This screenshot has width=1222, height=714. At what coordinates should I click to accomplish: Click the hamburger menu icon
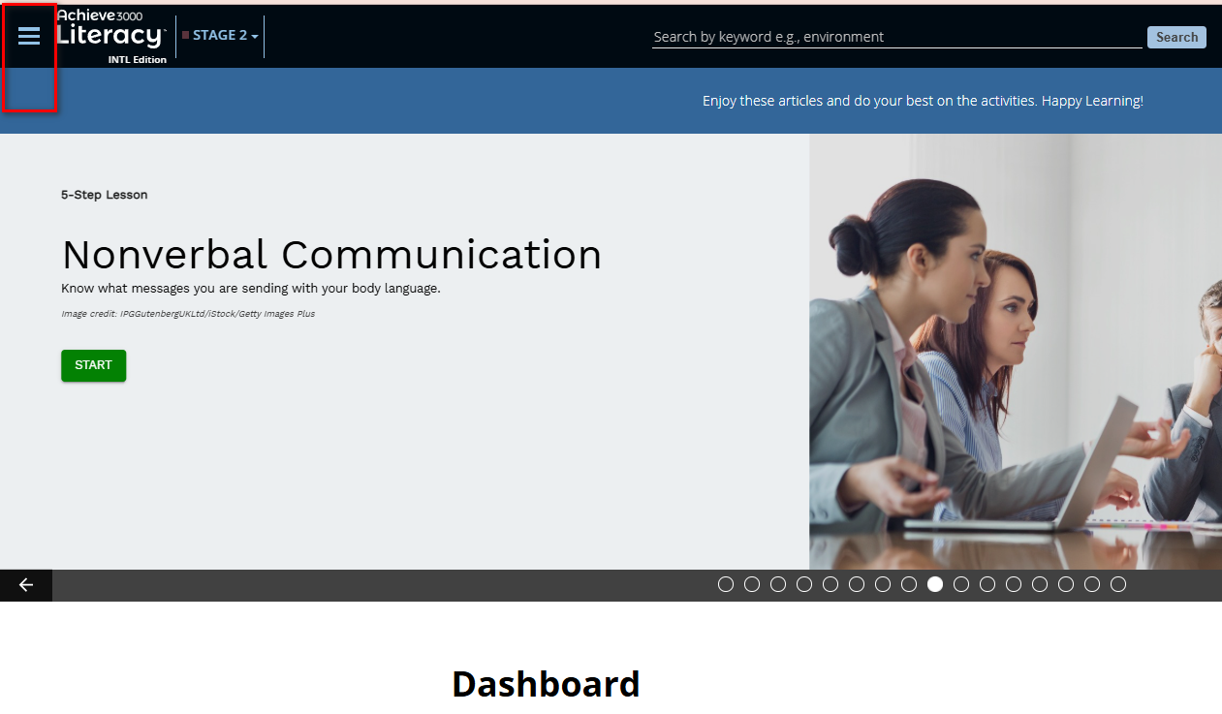pos(29,36)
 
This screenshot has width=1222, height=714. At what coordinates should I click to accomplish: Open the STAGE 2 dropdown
pos(220,36)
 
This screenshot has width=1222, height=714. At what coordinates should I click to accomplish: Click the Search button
pos(1176,37)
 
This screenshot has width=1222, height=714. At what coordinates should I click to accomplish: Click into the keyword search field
pos(896,37)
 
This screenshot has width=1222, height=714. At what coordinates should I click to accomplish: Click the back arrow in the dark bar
pos(25,585)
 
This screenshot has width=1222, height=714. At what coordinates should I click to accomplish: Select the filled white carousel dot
pos(934,585)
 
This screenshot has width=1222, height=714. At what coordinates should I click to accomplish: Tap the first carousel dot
pos(726,585)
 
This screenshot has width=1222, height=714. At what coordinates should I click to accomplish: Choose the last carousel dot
pos(1117,585)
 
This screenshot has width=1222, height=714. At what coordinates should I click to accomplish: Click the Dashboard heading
pos(546,684)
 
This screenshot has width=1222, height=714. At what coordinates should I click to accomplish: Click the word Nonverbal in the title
pos(165,254)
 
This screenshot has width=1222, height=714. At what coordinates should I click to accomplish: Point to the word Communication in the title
pos(441,254)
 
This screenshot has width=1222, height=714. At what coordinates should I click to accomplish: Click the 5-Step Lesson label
pos(105,195)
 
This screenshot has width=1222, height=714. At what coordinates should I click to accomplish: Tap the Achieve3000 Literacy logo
pos(110,30)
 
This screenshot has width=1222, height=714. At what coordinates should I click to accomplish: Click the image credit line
pos(188,314)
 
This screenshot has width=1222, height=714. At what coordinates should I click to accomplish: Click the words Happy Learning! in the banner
pos(1092,101)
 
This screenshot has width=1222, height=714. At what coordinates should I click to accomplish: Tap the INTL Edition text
pos(137,60)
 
